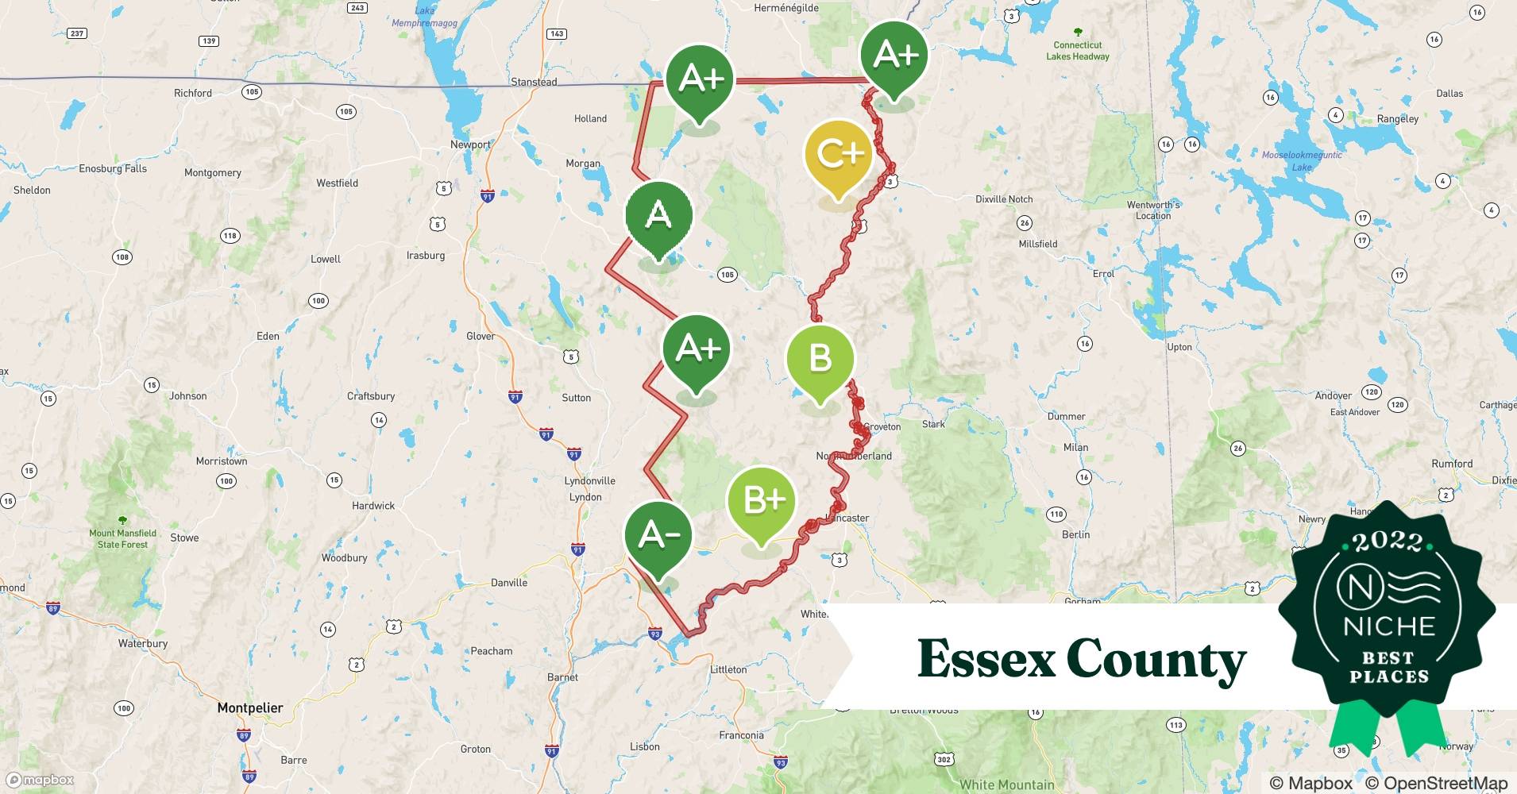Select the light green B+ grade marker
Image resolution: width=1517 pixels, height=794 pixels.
pos(761,500)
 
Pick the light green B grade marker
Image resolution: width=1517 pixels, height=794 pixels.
pos(820,359)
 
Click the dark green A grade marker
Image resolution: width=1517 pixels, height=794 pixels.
pos(658,216)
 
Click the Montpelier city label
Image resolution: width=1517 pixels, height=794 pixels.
pos(250,707)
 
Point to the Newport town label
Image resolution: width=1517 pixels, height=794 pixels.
pos(470,145)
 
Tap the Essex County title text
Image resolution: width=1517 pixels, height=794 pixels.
pos(1082,659)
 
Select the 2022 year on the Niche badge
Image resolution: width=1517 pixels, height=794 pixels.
pos(1388,542)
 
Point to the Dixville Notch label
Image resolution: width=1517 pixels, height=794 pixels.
pos(1004,199)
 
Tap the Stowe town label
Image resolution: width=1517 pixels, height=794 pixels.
pos(184,538)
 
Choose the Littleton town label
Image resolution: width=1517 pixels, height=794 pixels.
pos(728,669)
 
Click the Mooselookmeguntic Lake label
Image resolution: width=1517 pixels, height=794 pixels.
pos(1302,160)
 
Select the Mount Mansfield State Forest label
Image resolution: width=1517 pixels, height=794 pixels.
pos(122,538)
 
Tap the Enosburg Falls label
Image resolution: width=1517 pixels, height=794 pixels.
pos(113,168)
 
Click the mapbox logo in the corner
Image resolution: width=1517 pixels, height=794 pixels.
pos(41,780)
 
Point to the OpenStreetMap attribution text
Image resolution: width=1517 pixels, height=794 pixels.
pos(1436,783)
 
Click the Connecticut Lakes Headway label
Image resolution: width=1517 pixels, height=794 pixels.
pos(1078,51)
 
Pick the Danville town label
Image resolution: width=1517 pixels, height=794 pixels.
pos(509,583)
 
